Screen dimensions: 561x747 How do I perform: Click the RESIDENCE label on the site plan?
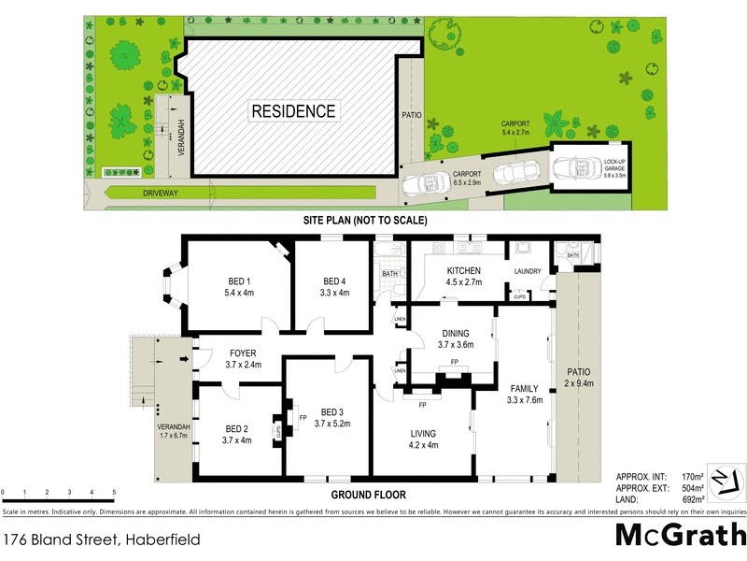(293, 111)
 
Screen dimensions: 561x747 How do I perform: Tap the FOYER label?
(243, 352)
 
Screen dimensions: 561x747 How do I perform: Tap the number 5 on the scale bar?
(114, 492)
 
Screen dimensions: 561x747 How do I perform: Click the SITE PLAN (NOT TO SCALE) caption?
(364, 221)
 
